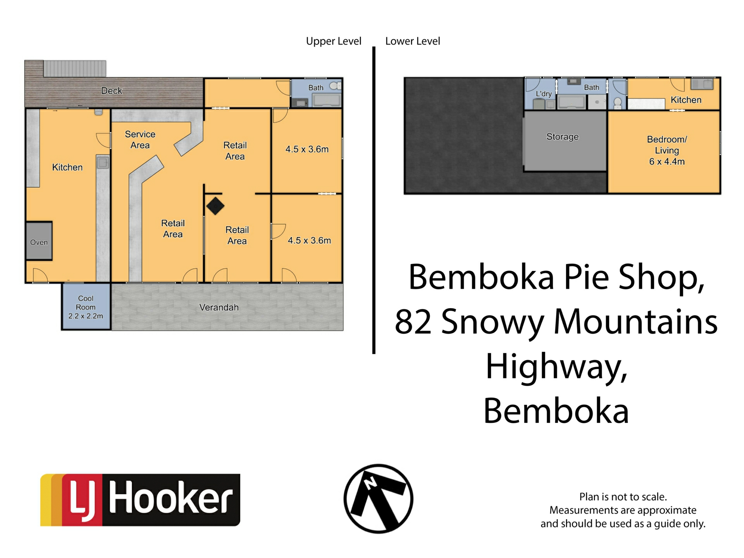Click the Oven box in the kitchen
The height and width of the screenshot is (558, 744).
click(x=39, y=241)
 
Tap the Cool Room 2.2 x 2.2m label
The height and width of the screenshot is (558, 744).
click(x=86, y=307)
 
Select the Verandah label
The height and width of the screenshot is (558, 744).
click(x=219, y=307)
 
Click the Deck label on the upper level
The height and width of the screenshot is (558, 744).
click(x=112, y=91)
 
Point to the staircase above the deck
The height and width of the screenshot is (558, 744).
click(x=75, y=68)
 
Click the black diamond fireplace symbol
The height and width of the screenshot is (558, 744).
click(x=215, y=206)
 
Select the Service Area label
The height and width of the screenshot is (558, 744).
click(x=140, y=139)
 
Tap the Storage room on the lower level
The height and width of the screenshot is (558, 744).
click(x=562, y=137)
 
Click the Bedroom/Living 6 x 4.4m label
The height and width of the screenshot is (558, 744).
click(x=666, y=150)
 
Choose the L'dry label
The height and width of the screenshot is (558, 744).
click(x=543, y=94)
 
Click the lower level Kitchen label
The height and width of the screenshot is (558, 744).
click(x=686, y=100)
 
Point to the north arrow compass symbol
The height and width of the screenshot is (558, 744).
click(x=378, y=499)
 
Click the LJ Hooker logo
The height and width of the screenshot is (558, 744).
click(x=140, y=500)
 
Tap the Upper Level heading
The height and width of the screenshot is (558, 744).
click(x=334, y=41)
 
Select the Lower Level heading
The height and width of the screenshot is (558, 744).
click(x=413, y=41)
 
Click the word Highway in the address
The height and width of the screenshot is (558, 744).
click(x=556, y=367)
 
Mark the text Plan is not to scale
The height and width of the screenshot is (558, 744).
click(x=623, y=497)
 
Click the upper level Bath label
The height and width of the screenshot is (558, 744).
click(x=316, y=88)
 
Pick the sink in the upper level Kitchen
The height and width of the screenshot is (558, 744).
click(x=103, y=163)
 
